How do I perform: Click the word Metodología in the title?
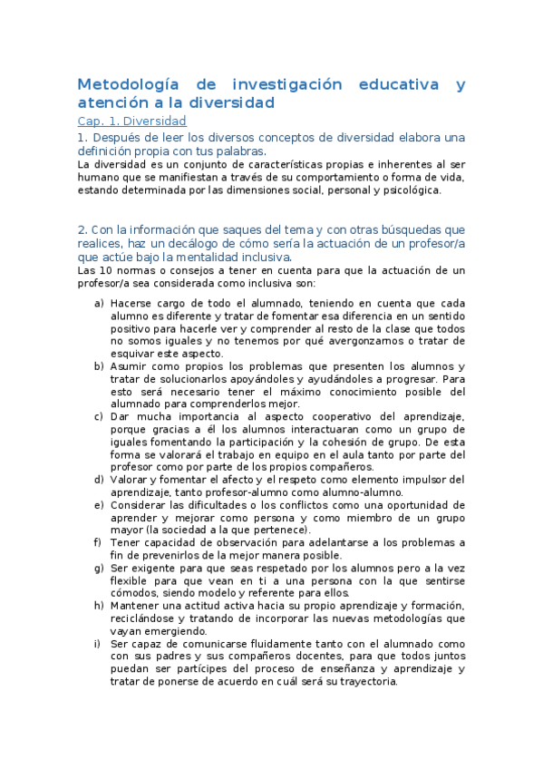pos(127,85)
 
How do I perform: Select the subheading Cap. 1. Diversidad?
pos(132,121)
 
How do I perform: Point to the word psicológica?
pos(407,190)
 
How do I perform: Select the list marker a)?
pos(99,303)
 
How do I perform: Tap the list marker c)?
pos(99,416)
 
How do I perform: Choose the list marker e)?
pos(99,504)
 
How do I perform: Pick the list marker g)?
pos(99,568)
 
